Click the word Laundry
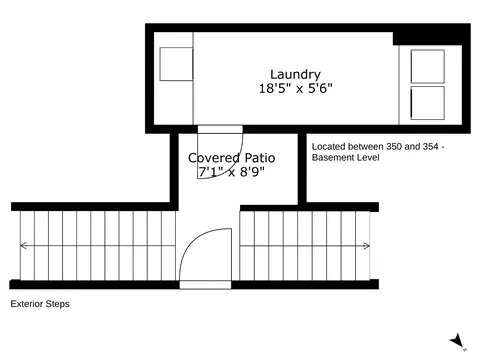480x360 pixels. pyautogui.click(x=295, y=74)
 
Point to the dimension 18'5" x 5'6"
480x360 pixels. pyautogui.click(x=295, y=88)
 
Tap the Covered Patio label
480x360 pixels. pyautogui.click(x=231, y=158)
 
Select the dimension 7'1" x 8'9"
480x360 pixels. pyautogui.click(x=231, y=172)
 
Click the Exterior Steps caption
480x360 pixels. pyautogui.click(x=40, y=303)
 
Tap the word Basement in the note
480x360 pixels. pyautogui.click(x=335, y=158)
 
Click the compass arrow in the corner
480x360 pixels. pyautogui.click(x=457, y=341)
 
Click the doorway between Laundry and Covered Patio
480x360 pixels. pyautogui.click(x=220, y=129)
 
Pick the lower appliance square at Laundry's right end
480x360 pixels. pyautogui.click(x=427, y=102)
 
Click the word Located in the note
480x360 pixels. pyautogui.click(x=331, y=146)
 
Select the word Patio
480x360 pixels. pyautogui.click(x=257, y=158)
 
